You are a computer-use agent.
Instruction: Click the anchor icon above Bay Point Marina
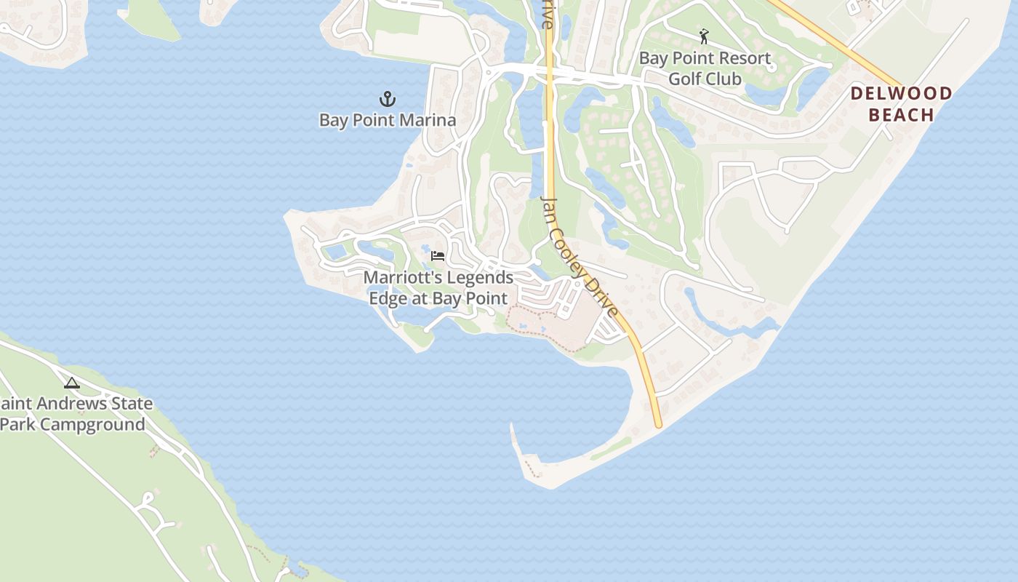[x=388, y=99]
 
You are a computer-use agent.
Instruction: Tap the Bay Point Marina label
[x=388, y=120]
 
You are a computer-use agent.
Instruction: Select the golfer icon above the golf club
[x=704, y=36]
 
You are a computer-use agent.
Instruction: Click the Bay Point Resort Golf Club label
[x=705, y=68]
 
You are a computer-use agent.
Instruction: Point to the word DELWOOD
[x=902, y=93]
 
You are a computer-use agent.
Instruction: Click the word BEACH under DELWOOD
[x=902, y=115]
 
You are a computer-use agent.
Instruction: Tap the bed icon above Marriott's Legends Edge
[x=438, y=256]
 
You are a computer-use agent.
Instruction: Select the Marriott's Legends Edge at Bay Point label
[x=438, y=288]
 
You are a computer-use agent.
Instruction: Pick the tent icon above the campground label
[x=71, y=383]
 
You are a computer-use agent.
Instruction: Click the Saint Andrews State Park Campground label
[x=76, y=414]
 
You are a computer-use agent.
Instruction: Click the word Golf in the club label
[x=684, y=79]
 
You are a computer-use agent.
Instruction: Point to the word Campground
[x=92, y=425]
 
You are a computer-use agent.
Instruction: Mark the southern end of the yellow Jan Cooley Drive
[x=658, y=423]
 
